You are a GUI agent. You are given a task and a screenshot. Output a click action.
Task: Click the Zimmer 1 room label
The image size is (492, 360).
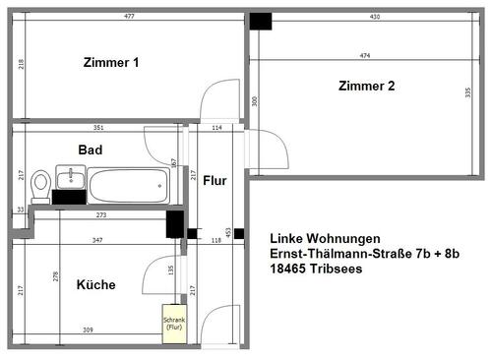[x=109, y=62]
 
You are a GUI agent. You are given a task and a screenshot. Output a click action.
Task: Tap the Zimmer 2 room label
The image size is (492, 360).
[x=366, y=86]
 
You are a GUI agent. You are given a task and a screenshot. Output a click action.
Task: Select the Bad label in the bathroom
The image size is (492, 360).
[x=92, y=150]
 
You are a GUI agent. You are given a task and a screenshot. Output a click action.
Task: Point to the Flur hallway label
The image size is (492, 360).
[x=215, y=180]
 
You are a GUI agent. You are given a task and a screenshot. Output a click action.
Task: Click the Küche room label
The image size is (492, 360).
[x=95, y=285]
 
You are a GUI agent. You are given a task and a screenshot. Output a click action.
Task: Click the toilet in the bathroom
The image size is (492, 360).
[x=40, y=183]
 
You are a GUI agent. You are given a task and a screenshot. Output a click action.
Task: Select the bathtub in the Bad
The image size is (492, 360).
[x=128, y=184]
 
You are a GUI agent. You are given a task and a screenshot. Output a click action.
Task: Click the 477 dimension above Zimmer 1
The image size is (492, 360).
[x=129, y=17]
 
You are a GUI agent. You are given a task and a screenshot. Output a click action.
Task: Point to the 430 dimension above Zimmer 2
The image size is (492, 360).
[x=374, y=17]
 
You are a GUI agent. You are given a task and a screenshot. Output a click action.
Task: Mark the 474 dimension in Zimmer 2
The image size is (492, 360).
[x=365, y=55]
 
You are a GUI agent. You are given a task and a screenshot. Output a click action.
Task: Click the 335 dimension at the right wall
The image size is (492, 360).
[x=467, y=92]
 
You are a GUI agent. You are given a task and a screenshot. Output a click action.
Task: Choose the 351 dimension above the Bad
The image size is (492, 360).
[x=97, y=128]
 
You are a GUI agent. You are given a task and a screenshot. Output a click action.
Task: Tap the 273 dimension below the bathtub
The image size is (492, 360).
[x=100, y=215]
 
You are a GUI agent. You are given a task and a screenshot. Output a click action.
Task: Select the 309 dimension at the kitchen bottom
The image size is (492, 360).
[x=87, y=329]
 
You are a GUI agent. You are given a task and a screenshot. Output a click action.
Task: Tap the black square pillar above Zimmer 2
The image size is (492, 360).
[x=260, y=22]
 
